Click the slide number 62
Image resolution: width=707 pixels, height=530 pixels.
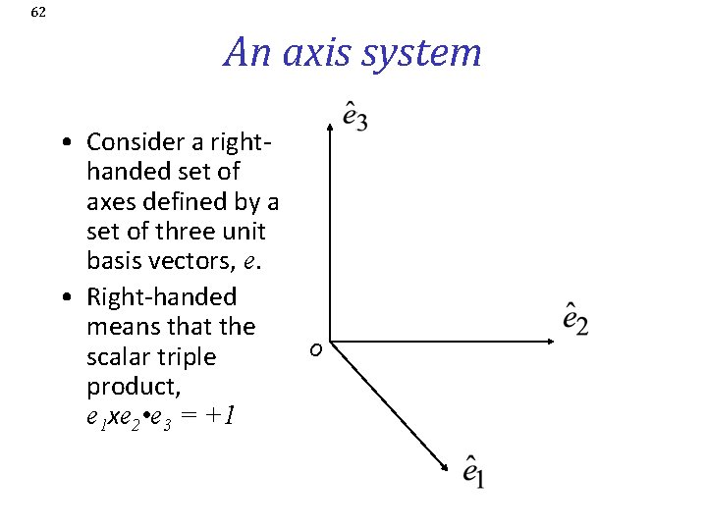click(x=38, y=13)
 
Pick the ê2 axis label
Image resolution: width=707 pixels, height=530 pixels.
click(x=575, y=319)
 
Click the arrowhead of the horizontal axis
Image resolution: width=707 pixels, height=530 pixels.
click(x=553, y=342)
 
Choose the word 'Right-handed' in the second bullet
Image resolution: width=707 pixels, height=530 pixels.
click(x=162, y=296)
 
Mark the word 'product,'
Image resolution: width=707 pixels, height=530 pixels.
click(x=125, y=387)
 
